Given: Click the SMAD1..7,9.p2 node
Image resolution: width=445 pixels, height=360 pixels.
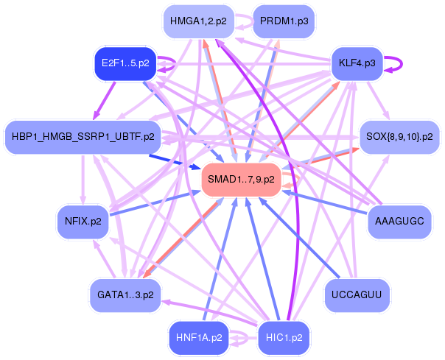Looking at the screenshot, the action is pos(241,180).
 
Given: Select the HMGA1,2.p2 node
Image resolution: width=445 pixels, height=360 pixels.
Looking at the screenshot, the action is pos(199,21).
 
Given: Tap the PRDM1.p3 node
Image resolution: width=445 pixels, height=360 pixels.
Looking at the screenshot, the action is pos(284,21).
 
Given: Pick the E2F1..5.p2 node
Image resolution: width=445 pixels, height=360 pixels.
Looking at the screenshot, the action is pos(125,63).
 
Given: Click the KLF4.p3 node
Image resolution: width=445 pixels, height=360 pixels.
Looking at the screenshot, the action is pos(357,63).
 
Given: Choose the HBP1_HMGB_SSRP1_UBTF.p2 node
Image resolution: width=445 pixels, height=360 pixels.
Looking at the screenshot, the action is pos(83,137).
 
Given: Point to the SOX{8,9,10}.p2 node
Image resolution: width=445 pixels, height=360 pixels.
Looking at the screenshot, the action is pos(399,137).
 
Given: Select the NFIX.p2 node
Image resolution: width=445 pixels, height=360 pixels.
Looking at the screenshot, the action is pos(83,222).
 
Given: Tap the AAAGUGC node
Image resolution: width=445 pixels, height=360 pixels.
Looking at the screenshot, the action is pos(399,222).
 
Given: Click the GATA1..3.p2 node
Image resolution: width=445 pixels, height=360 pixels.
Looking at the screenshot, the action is pos(125,295).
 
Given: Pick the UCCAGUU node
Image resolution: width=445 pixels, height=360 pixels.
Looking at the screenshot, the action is pos(357,295).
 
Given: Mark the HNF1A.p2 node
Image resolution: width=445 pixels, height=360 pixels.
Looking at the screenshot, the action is pos(199,338).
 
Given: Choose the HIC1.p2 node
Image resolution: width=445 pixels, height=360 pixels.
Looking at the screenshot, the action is pos(284,338).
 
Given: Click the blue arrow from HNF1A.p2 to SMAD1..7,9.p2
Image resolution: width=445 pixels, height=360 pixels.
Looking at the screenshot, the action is pos(220,259).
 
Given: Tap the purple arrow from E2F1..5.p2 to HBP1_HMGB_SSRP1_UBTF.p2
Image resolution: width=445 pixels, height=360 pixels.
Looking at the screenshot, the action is pos(104,100).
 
